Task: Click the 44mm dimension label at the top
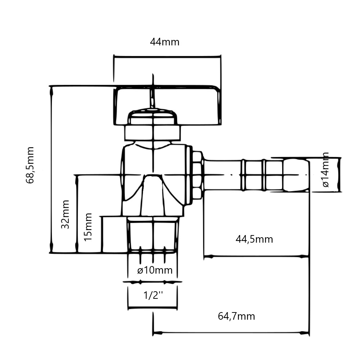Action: [165, 42]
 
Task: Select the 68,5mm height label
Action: [30, 165]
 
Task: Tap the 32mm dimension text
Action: [66, 214]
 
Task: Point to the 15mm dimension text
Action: [88, 227]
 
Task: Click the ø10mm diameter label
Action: [155, 270]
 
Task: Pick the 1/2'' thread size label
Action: [153, 295]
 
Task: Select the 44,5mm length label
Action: [255, 239]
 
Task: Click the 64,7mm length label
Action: [237, 316]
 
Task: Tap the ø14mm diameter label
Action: [325, 170]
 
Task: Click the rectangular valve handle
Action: [167, 105]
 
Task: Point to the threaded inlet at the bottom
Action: [153, 235]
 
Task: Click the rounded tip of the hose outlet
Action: [296, 175]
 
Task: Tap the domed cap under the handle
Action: [152, 116]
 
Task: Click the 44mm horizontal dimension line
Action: [167, 57]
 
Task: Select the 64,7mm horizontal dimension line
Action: [231, 332]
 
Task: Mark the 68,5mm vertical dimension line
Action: [51, 170]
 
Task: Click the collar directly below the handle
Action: [152, 133]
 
